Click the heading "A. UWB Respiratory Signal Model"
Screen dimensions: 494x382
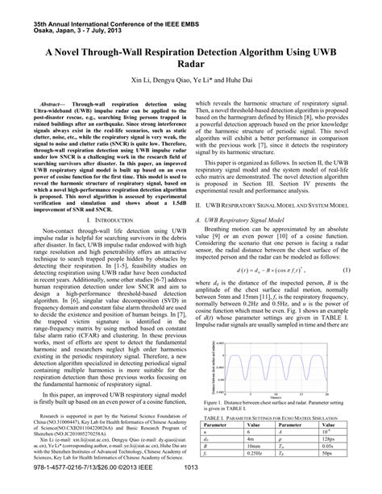pos(244,242)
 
